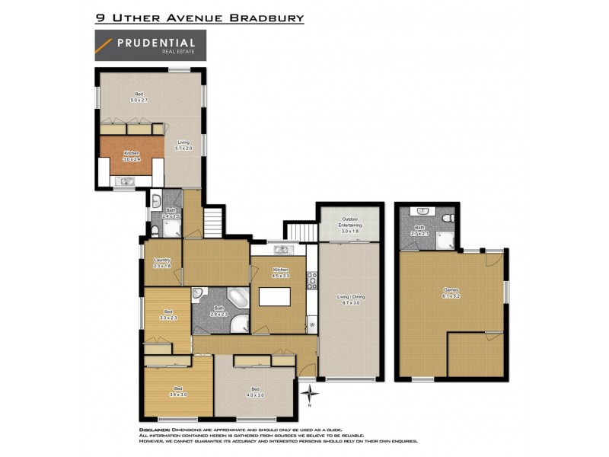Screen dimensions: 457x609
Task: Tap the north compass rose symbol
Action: pos(311,395)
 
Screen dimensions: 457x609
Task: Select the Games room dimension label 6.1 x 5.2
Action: pos(451,293)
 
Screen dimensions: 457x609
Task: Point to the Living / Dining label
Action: pos(349,299)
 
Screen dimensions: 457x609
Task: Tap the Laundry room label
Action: pos(162,262)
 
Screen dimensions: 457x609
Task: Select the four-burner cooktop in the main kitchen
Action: pos(311,282)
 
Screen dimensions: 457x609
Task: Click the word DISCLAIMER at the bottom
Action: pos(156,430)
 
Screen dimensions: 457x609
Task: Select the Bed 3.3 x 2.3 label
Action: pos(169,315)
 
